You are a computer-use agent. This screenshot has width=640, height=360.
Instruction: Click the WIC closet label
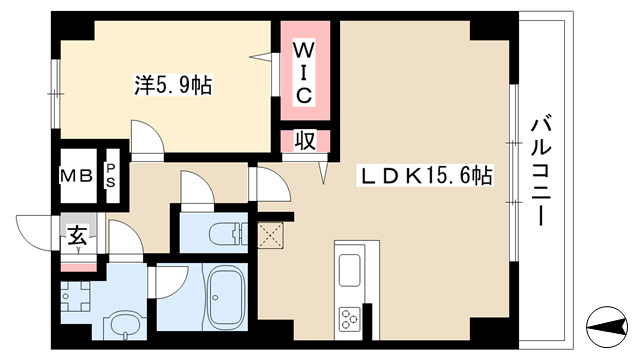pos(304,73)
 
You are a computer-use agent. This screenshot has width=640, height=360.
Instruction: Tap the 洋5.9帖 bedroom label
pos(173,85)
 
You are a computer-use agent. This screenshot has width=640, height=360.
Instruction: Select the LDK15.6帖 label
pos(425,176)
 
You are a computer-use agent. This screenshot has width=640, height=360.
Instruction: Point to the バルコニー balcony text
pos(541,171)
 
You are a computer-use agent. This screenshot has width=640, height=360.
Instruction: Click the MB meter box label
pos(77,176)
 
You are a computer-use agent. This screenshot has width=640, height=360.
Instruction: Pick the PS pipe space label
pos(111,176)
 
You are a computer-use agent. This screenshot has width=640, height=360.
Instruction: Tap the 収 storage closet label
pos(305,141)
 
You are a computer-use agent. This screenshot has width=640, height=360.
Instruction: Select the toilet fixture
pos(228,236)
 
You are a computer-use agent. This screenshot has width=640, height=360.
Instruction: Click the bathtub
pos(226,297)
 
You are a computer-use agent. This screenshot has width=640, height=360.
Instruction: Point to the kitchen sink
pos(350,270)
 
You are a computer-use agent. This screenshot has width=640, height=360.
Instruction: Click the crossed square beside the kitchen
pos(270,236)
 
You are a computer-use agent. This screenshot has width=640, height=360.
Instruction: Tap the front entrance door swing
pos(35,233)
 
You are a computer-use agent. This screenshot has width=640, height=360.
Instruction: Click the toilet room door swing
pos(197,187)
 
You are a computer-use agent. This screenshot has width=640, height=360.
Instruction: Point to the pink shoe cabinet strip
pos(79,268)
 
